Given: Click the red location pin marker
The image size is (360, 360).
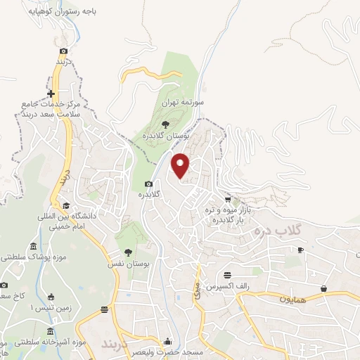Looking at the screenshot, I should (181, 165).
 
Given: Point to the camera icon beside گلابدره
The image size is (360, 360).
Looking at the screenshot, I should (148, 184).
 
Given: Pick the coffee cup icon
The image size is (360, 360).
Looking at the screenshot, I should (300, 250).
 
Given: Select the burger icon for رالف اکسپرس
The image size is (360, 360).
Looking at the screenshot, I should (227, 275).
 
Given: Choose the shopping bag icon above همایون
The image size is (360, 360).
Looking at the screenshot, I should (323, 288).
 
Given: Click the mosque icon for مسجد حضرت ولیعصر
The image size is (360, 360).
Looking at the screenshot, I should (167, 341).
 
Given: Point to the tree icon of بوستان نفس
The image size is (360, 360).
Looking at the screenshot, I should (128, 252).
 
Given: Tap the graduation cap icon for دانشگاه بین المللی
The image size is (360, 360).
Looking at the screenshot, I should (65, 206).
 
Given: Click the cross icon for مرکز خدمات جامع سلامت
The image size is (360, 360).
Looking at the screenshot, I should (51, 94).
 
